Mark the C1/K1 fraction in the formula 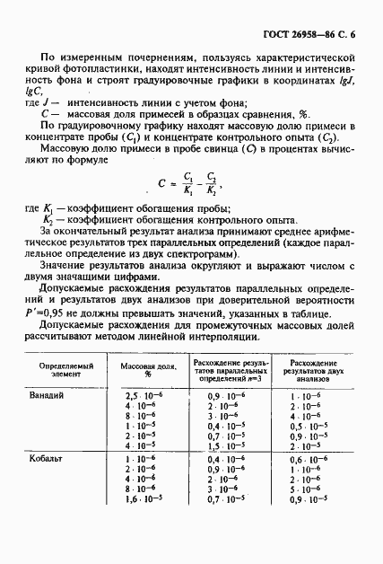pos(186,186)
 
